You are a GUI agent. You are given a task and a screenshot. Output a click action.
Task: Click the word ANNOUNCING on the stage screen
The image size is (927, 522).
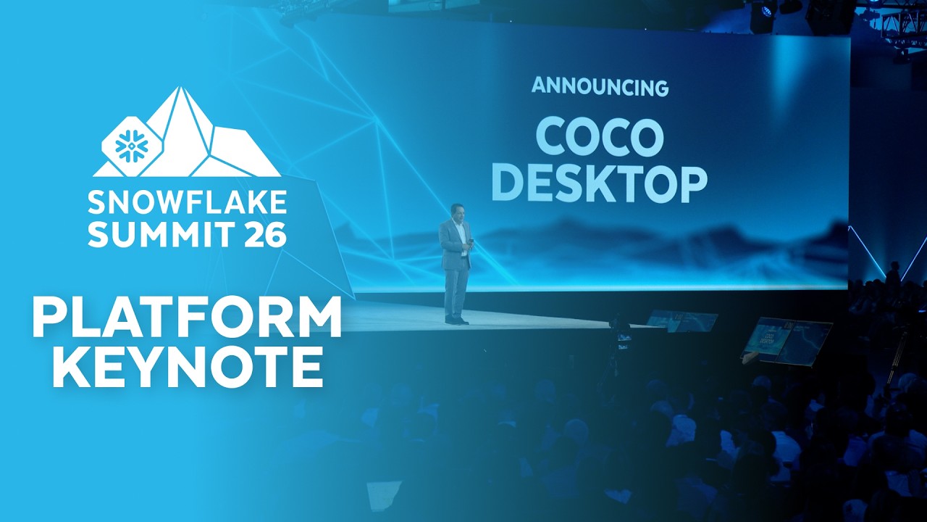[x=600, y=87]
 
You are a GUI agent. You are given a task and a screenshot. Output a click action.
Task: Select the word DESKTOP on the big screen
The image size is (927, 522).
[x=600, y=184]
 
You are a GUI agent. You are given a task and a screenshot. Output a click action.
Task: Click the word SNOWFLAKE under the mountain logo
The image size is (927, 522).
[x=187, y=203]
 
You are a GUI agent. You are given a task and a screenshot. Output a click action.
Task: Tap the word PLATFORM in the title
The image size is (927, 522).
[x=187, y=318]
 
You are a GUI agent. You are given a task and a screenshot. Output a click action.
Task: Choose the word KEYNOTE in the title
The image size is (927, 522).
[x=187, y=367]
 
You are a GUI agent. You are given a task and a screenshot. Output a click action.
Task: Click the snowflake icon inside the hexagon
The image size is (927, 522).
[x=132, y=146]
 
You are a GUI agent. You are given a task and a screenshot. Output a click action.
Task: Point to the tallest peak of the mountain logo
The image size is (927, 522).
[x=180, y=88]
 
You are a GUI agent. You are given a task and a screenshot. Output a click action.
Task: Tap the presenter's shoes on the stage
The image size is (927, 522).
[x=456, y=320]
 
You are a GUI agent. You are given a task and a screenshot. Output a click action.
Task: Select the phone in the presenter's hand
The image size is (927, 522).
[x=471, y=242]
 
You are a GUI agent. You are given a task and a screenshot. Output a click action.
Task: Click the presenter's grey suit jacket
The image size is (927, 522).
[x=454, y=244]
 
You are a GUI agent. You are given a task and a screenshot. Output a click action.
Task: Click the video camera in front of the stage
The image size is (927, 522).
[x=621, y=336]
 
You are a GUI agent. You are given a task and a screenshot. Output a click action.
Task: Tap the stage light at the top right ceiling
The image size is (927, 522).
[x=761, y=17]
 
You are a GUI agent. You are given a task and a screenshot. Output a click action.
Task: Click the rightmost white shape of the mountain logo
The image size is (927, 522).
[x=236, y=152]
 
